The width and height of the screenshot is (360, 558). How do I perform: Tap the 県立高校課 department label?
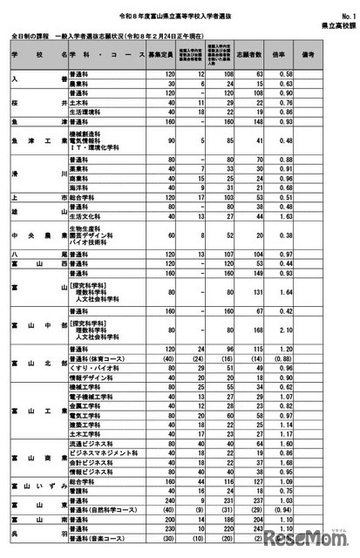tap(332, 27)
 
